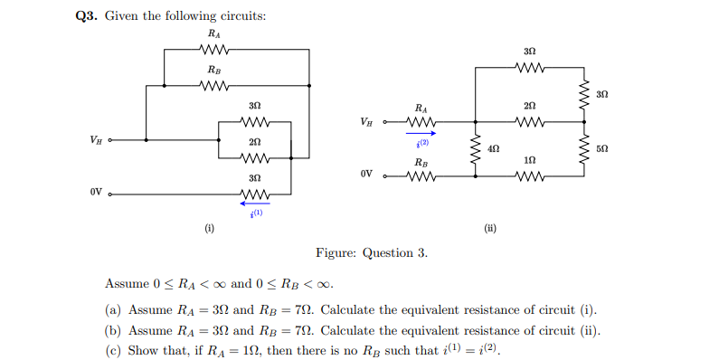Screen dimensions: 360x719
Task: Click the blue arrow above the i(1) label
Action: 254,204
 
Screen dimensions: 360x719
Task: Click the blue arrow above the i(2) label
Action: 421,133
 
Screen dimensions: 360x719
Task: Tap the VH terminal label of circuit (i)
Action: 96,139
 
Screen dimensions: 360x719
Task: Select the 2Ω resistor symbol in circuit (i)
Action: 254,156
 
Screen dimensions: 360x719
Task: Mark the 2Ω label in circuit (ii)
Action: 529,107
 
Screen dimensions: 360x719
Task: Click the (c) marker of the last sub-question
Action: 113,349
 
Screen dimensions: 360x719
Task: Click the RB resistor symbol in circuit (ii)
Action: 421,175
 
